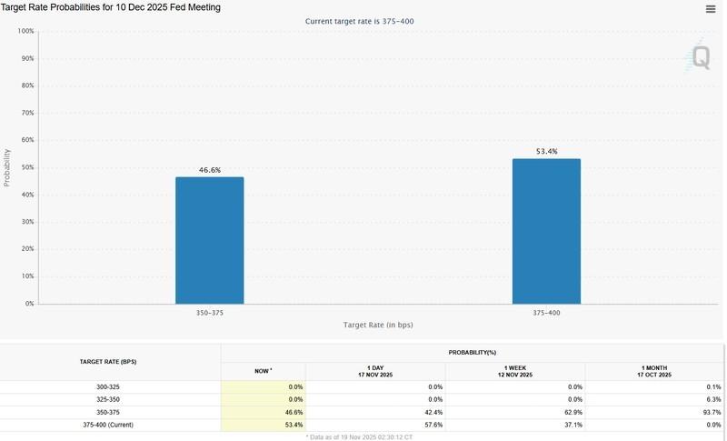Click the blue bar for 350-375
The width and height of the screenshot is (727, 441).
point(209,240)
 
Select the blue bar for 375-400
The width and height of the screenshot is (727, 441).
point(546,231)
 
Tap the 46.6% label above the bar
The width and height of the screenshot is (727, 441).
point(209,170)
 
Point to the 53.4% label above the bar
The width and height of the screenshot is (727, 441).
point(546,151)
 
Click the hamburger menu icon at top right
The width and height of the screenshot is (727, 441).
point(711,9)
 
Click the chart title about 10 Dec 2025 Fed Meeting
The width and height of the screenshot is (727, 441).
point(111,7)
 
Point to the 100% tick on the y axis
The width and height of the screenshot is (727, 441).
point(25,31)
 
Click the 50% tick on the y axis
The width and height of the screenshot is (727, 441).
point(26,167)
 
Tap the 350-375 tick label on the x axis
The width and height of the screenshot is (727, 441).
point(209,312)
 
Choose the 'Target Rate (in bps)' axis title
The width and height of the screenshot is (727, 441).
point(378,325)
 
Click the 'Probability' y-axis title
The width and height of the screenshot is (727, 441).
point(7,167)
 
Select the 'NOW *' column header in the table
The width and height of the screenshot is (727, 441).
point(263,371)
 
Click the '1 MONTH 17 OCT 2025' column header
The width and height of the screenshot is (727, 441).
point(654,371)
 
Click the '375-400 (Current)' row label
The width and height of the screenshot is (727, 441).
point(110,424)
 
